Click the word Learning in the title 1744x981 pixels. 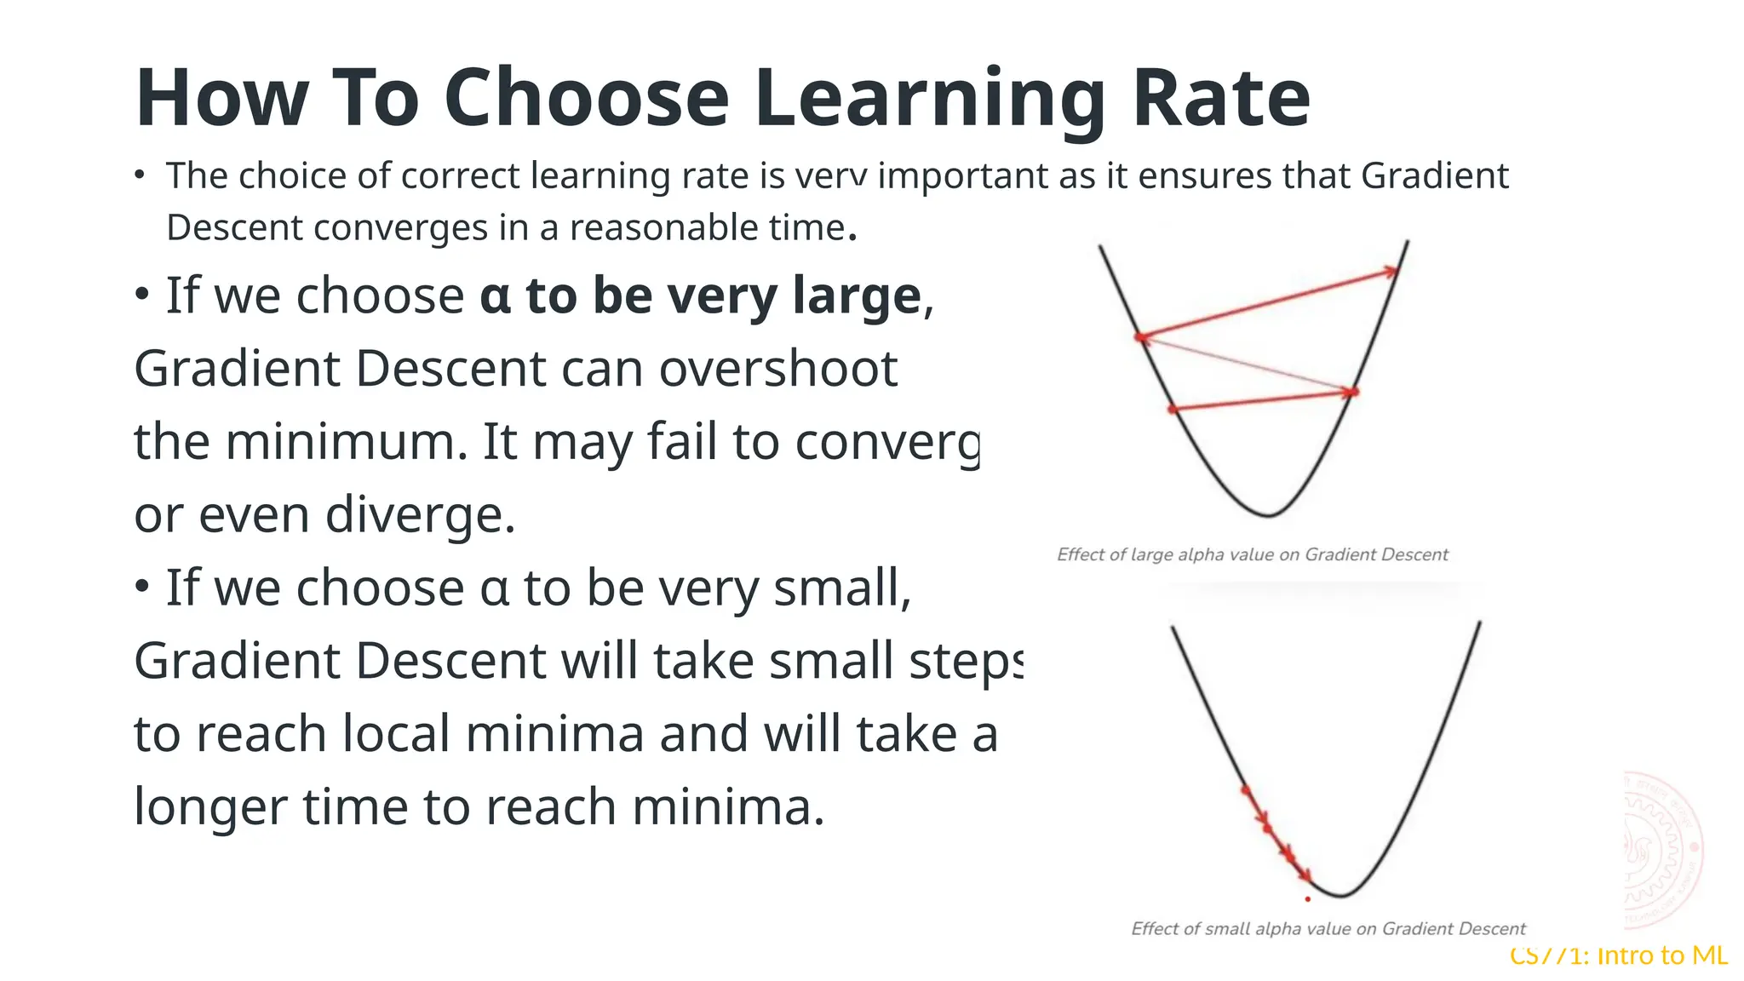929,99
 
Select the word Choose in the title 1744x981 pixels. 586,99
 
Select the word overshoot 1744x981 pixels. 777,369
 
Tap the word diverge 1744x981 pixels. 419,515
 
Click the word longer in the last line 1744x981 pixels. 210,807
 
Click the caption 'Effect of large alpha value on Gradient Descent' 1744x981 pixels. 1252,554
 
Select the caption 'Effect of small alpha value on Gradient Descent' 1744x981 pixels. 1328,928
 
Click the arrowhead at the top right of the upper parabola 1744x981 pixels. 1391,272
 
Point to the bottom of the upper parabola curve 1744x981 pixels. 1268,515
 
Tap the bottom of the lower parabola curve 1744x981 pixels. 1340,896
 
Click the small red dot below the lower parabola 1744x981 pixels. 1308,899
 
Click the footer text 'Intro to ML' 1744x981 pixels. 1661,955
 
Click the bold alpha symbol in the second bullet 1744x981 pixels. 495,296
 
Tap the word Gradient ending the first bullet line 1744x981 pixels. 1434,176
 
